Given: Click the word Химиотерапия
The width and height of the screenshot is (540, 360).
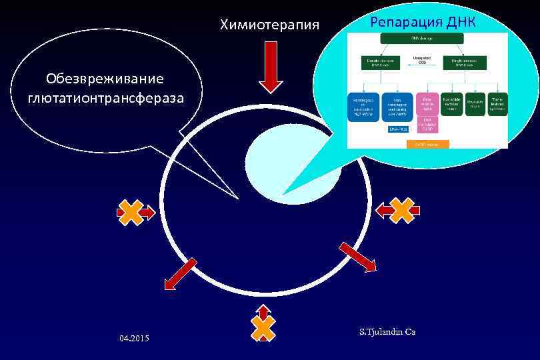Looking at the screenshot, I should click(270, 25).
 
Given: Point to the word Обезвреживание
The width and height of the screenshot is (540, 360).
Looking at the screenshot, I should click(105, 79).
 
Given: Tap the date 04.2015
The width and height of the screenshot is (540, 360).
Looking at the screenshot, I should click(135, 339).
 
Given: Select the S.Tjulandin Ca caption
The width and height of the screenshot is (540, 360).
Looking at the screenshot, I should click(387, 331).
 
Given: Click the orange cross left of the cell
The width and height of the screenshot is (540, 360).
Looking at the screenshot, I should click(131, 213).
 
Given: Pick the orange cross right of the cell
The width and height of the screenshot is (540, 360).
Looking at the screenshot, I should click(403, 210).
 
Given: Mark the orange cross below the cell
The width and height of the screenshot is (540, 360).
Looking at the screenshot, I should click(263, 327).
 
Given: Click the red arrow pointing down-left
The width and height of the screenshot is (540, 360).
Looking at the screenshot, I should click(180, 273).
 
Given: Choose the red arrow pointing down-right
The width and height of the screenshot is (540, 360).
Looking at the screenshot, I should click(358, 257).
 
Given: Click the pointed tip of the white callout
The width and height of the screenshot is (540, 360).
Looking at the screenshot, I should click(237, 198).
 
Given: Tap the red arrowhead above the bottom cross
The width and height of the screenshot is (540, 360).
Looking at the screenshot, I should click(263, 309).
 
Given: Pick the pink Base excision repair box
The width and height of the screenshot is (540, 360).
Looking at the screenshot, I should click(427, 104).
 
